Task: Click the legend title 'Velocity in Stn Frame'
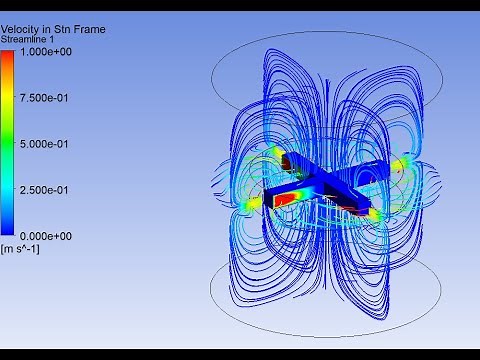(x=53, y=30)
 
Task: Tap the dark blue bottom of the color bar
(x=9, y=228)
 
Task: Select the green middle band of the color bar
(x=9, y=143)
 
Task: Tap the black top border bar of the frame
(x=240, y=5)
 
